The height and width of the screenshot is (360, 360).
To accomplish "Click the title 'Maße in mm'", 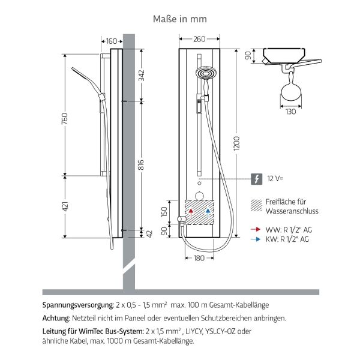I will tap(180, 19).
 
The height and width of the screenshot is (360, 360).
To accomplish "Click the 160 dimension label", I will tap(112, 41).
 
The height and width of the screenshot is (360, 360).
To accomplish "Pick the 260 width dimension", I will tap(199, 39).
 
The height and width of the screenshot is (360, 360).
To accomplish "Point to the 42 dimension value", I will tap(142, 234).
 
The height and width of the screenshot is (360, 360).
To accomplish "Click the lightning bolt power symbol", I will tap(256, 179).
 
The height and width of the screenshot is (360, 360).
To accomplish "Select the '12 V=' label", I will tap(275, 179).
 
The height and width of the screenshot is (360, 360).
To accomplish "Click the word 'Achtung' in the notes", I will tap(56, 318).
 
